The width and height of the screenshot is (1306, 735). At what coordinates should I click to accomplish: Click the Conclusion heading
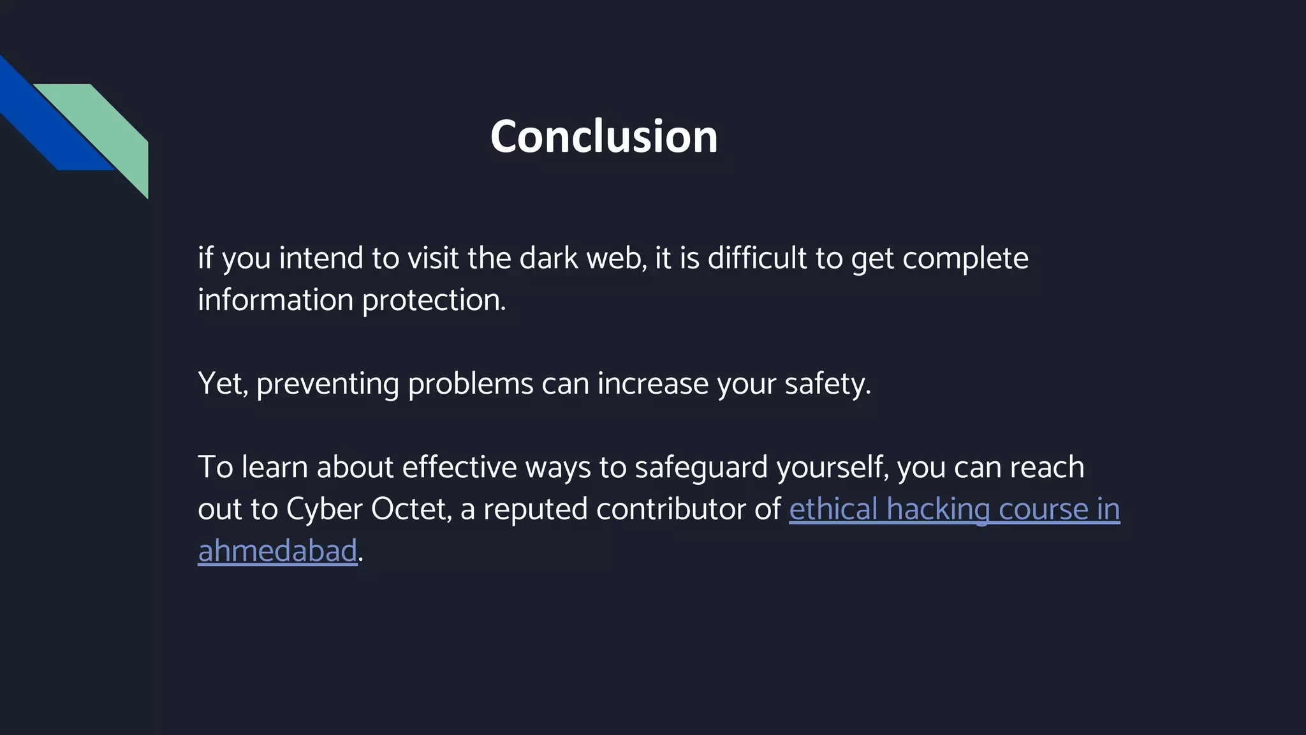603,137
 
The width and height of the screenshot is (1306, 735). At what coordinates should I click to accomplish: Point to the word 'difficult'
757,258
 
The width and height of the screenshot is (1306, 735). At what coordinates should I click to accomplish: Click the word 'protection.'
434,301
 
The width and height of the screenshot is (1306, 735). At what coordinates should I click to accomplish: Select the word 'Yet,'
223,384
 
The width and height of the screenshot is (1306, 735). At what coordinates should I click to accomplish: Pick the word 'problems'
470,384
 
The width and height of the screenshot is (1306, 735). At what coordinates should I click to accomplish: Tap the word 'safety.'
827,384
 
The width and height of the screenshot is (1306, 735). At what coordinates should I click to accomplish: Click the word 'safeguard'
701,468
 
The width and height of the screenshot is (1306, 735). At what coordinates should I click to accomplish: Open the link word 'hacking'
937,510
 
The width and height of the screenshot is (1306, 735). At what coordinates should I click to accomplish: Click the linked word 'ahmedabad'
277,551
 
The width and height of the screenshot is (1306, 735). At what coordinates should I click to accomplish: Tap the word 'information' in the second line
275,300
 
